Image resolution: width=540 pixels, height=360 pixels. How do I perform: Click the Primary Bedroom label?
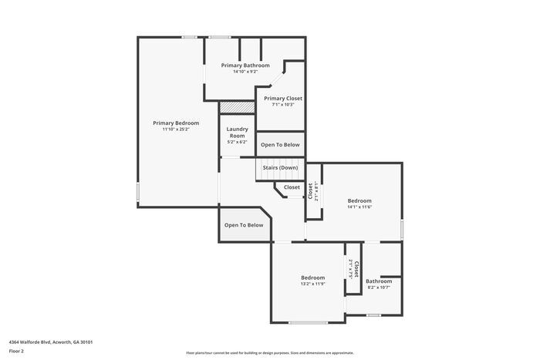(176, 123)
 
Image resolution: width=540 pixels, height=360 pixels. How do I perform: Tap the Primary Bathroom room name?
(245, 66)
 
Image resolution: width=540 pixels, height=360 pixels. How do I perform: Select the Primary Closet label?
(283, 99)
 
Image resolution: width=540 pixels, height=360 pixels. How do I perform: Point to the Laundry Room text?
(236, 132)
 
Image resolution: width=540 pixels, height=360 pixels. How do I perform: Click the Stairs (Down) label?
(280, 167)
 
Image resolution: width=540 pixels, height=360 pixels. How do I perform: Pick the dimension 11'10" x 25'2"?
(176, 130)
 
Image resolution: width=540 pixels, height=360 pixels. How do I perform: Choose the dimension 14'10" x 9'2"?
(245, 72)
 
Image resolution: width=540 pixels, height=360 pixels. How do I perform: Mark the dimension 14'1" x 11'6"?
(359, 207)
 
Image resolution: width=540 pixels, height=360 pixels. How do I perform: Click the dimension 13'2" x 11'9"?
(312, 284)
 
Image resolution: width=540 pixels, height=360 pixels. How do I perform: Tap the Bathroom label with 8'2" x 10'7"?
(378, 281)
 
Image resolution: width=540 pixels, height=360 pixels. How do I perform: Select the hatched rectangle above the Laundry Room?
(237, 107)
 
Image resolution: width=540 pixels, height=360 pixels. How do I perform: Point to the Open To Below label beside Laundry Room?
(280, 144)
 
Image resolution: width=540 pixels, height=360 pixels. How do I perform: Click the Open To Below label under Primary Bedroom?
(244, 225)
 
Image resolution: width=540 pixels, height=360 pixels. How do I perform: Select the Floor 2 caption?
(16, 350)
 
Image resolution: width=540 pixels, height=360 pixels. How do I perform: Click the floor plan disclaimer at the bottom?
(269, 352)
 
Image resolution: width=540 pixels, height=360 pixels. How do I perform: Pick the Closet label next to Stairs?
(292, 187)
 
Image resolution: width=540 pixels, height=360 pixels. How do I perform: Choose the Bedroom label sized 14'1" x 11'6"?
(359, 200)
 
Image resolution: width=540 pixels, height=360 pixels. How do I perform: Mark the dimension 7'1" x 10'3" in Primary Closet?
(283, 105)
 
